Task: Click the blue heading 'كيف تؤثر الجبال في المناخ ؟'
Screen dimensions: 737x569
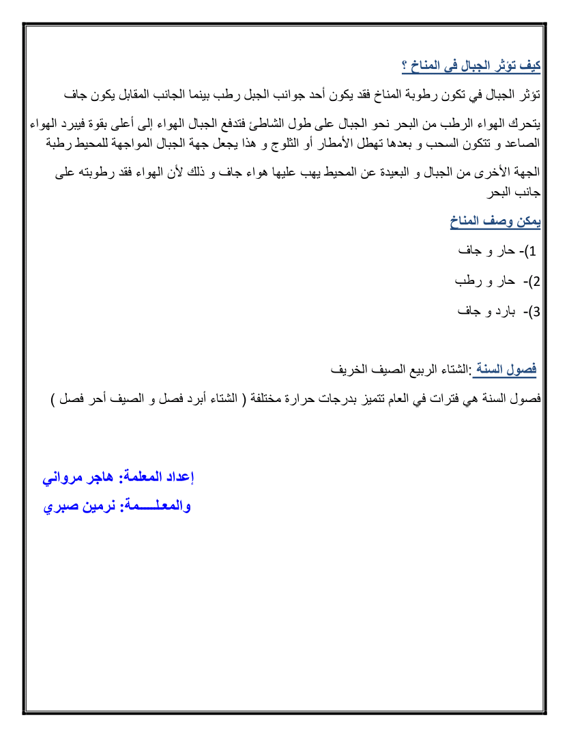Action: pyautogui.click(x=471, y=66)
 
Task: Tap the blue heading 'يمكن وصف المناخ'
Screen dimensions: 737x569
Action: pyautogui.click(x=495, y=221)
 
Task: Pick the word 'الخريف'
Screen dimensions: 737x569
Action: pyautogui.click(x=349, y=371)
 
